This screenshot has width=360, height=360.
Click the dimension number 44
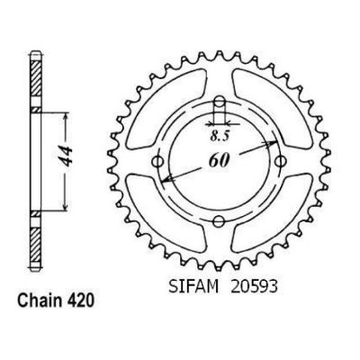click(x=66, y=157)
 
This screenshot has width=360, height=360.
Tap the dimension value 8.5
click(x=220, y=137)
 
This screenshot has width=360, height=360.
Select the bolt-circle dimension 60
click(x=219, y=161)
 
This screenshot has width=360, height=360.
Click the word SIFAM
click(x=193, y=287)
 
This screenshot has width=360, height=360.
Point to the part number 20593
click(x=254, y=287)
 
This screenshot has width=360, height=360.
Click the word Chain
click(x=37, y=301)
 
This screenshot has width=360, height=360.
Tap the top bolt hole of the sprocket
click(x=220, y=101)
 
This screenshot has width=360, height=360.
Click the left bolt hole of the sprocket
click(x=157, y=162)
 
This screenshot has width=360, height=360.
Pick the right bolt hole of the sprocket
click(x=280, y=162)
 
